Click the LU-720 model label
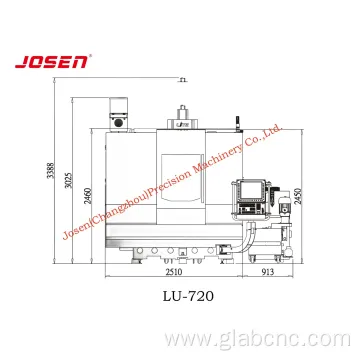tap(189, 296)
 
